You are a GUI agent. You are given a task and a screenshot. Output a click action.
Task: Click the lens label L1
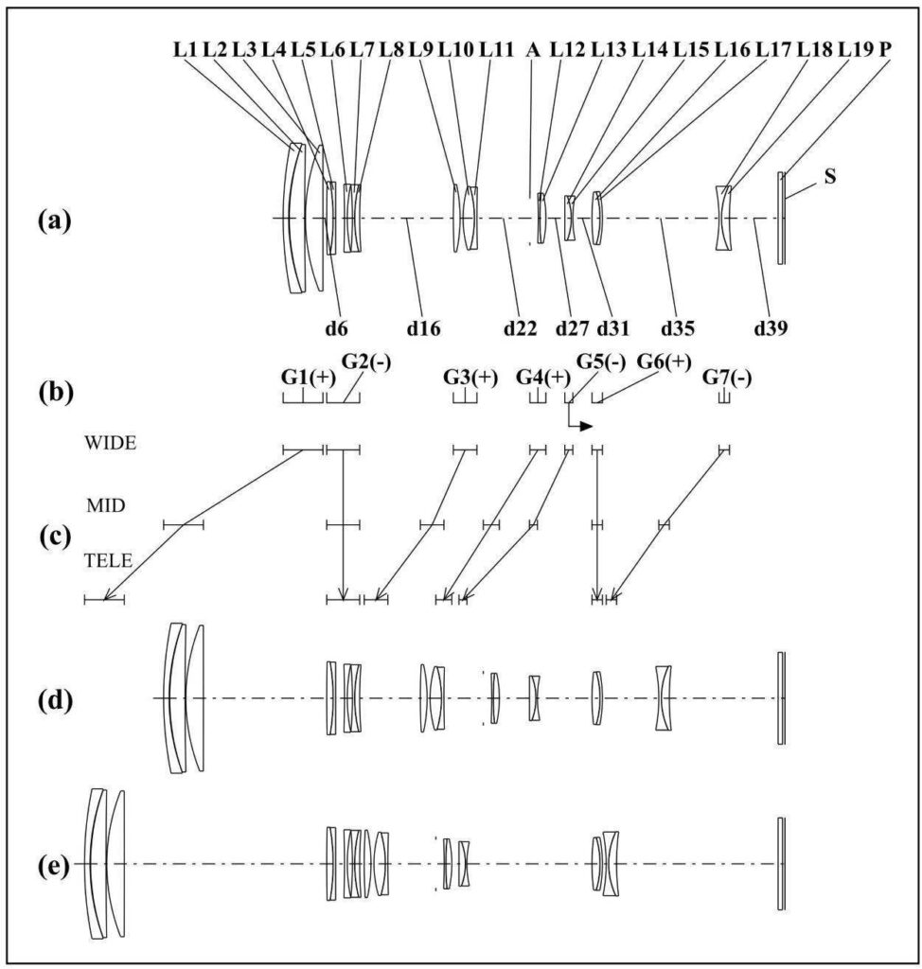[x=185, y=50]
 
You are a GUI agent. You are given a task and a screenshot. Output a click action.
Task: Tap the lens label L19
[x=856, y=50]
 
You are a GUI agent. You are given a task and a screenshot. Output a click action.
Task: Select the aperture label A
[x=532, y=50]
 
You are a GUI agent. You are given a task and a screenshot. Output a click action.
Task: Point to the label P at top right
[x=885, y=50]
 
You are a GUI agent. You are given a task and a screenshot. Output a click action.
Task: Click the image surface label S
[x=830, y=176]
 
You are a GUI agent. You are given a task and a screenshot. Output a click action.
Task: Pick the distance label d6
[x=336, y=328]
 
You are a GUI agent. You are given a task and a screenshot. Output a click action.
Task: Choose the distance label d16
[x=423, y=328]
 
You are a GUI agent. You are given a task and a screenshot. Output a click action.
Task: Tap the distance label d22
[x=520, y=328]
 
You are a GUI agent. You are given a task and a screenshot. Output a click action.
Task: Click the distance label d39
[x=771, y=328]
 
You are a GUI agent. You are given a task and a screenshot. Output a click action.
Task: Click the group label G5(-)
[x=601, y=361]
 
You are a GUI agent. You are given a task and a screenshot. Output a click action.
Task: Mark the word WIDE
[x=110, y=443]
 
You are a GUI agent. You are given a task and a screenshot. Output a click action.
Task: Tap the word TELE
[x=108, y=560]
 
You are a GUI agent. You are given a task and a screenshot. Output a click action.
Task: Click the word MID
[x=106, y=505]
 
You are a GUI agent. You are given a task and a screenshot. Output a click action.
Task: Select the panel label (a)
[x=54, y=220]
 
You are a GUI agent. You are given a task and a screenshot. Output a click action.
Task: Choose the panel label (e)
[x=53, y=866]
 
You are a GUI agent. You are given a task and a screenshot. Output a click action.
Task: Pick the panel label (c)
[x=54, y=537]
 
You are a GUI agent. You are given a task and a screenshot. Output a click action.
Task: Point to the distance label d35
[x=678, y=328]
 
